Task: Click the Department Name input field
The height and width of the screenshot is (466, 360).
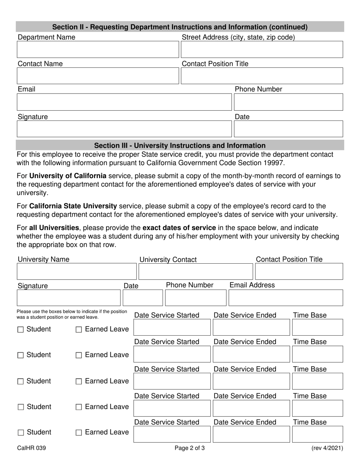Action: click(97, 50)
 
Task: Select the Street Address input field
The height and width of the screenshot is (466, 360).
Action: click(262, 50)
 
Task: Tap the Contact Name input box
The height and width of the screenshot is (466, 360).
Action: click(97, 76)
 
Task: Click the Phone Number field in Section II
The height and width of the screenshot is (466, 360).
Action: click(288, 102)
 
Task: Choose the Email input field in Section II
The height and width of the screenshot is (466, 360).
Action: click(124, 102)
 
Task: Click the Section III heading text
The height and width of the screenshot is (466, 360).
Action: click(180, 145)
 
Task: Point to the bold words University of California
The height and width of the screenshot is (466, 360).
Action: click(68, 176)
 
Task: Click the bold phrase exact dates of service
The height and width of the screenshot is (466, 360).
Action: click(179, 228)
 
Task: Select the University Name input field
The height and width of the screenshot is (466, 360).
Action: click(76, 272)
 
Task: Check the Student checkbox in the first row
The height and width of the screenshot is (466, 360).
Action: click(20, 330)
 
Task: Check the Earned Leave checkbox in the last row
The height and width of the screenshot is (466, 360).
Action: click(78, 433)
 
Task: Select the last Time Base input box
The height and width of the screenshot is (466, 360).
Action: click(316, 434)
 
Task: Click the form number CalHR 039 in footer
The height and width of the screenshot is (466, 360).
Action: click(31, 448)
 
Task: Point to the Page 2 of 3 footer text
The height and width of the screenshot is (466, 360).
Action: click(189, 448)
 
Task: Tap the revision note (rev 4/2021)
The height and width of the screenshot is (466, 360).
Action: click(327, 448)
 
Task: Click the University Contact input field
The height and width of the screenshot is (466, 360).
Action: click(195, 272)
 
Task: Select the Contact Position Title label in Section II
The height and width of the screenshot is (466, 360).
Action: click(215, 64)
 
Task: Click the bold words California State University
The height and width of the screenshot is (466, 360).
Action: click(73, 206)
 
